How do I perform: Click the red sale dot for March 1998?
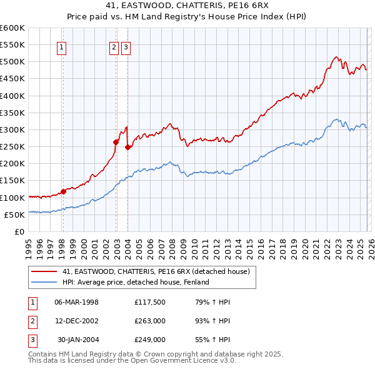click(63, 191)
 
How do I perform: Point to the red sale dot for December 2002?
click(116, 142)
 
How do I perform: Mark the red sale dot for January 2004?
click(128, 147)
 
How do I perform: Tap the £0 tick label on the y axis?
click(20, 231)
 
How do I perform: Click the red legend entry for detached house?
click(156, 271)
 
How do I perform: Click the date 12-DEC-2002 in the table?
click(77, 321)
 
